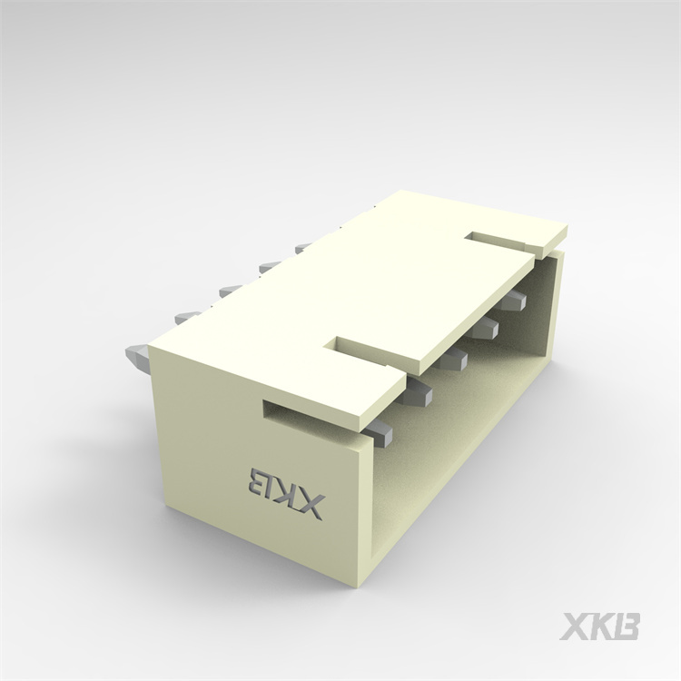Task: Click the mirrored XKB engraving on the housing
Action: tap(284, 491)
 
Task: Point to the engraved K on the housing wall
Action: tap(283, 491)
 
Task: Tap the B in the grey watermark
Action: tap(627, 626)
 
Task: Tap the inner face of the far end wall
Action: tap(542, 309)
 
